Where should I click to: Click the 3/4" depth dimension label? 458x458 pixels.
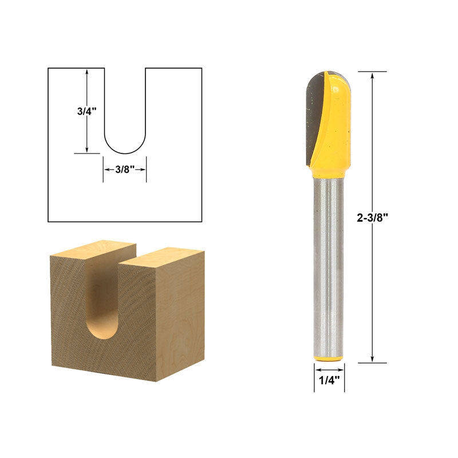pyautogui.click(x=86, y=112)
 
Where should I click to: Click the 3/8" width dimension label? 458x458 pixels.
pyautogui.click(x=125, y=169)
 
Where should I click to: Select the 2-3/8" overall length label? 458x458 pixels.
pyautogui.click(x=373, y=218)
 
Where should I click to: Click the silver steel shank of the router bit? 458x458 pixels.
pyautogui.click(x=328, y=263)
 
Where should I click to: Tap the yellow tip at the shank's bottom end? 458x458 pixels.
pyautogui.click(x=329, y=358)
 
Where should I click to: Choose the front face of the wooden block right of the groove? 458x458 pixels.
pyautogui.click(x=135, y=321)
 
